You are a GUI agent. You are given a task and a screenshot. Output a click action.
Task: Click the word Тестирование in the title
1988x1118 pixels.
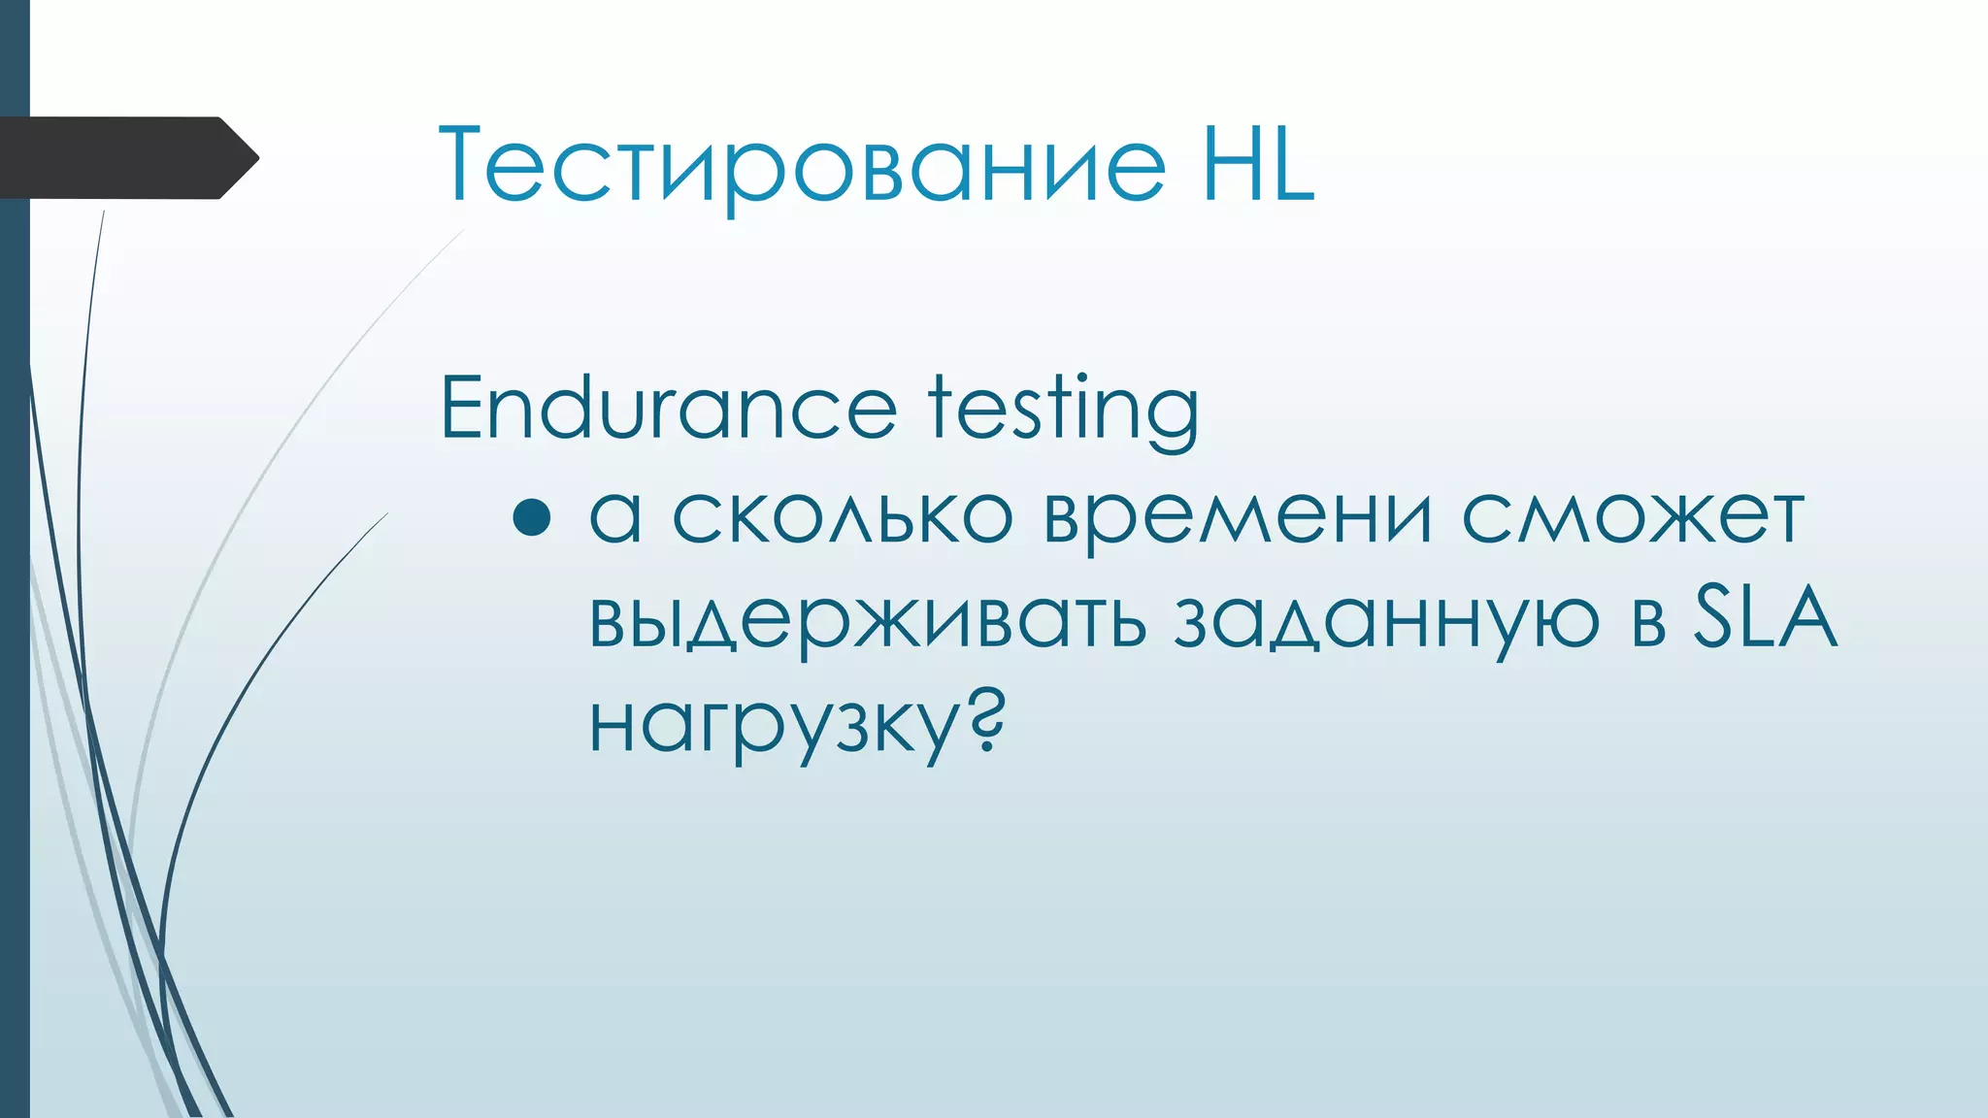[802, 165]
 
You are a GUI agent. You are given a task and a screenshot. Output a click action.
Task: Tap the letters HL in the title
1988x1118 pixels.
[1258, 165]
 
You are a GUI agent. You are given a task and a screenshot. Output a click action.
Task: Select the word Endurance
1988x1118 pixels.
[668, 408]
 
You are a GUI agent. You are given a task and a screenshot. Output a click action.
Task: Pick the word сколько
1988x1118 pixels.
[843, 514]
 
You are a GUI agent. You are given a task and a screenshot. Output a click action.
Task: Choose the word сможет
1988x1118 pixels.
[1633, 514]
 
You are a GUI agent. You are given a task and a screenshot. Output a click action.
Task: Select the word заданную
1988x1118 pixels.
[1386, 621]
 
